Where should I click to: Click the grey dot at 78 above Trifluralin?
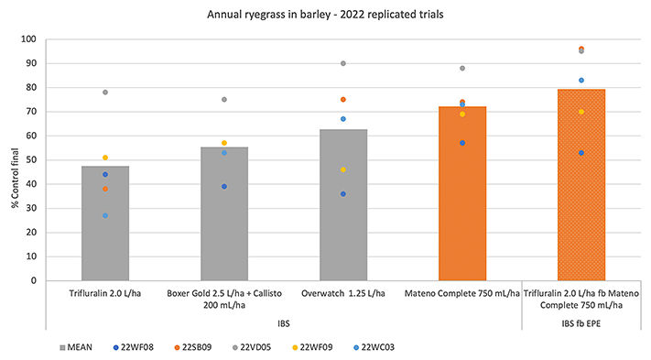pos(105,93)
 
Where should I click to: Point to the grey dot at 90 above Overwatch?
pos(343,63)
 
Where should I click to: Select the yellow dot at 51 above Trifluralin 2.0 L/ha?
pos(105,158)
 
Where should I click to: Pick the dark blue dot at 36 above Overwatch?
pos(343,194)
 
